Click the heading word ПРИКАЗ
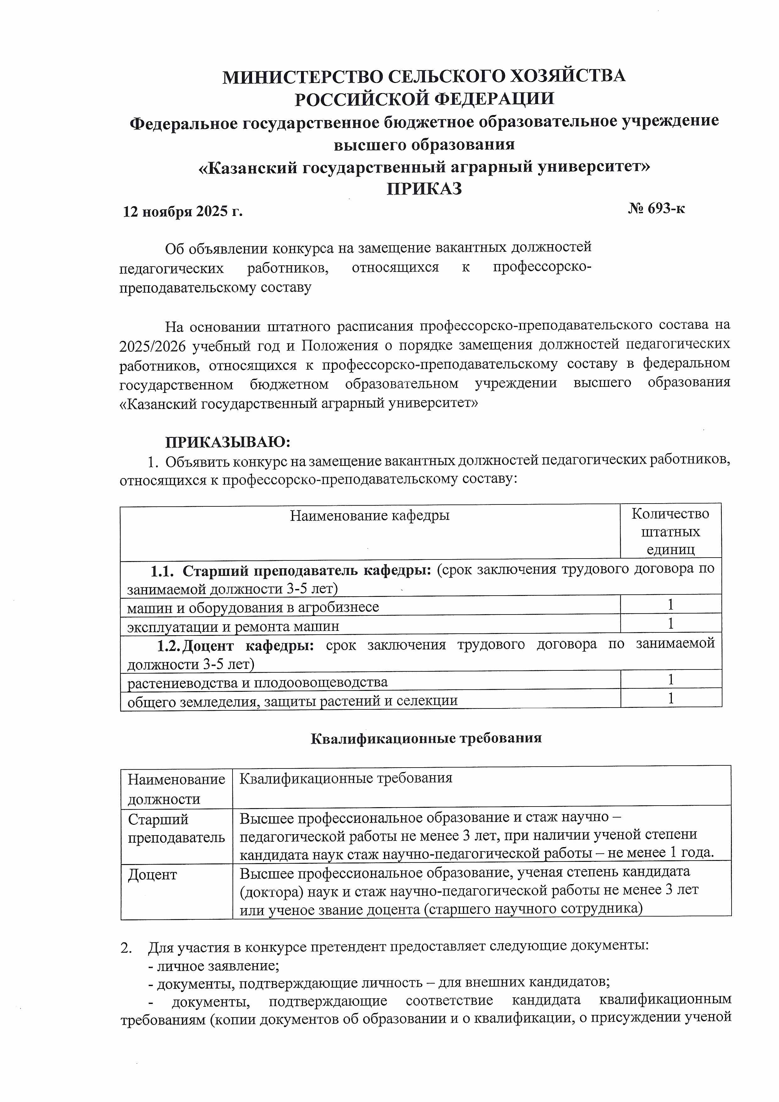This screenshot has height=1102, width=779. click(x=424, y=189)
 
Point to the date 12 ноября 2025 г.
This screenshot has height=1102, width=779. click(x=183, y=212)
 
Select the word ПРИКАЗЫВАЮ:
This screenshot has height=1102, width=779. click(x=228, y=442)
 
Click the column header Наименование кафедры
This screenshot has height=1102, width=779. click(x=370, y=516)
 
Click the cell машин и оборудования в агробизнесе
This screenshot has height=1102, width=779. click(x=253, y=607)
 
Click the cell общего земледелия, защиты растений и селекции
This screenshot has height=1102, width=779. click(x=292, y=701)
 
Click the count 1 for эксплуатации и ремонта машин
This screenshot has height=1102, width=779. click(x=671, y=624)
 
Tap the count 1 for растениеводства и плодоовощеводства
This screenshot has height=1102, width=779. click(x=671, y=680)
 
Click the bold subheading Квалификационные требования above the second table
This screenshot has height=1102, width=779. click(x=426, y=738)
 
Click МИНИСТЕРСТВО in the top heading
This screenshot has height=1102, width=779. click(x=301, y=77)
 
